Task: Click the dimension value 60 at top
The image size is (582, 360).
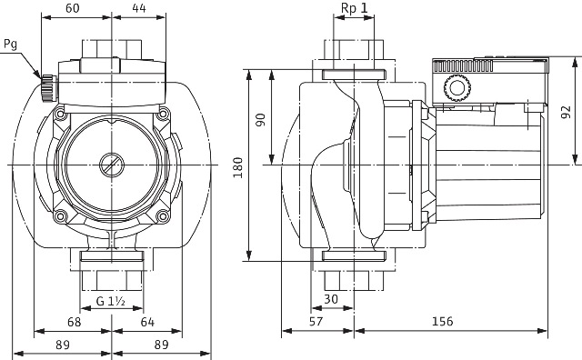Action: point(73,8)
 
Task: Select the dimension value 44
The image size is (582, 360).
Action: point(139,8)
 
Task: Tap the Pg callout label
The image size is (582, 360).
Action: point(10,45)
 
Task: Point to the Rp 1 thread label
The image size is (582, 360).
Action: point(354,8)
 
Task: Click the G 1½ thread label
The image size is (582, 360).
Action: point(111,301)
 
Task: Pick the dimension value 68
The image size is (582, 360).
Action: point(74,322)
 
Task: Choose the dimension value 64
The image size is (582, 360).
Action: point(147,322)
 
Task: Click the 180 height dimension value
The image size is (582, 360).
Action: point(238,167)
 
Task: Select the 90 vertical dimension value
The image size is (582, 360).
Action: point(261,120)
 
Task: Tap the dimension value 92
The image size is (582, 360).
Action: point(566,112)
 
